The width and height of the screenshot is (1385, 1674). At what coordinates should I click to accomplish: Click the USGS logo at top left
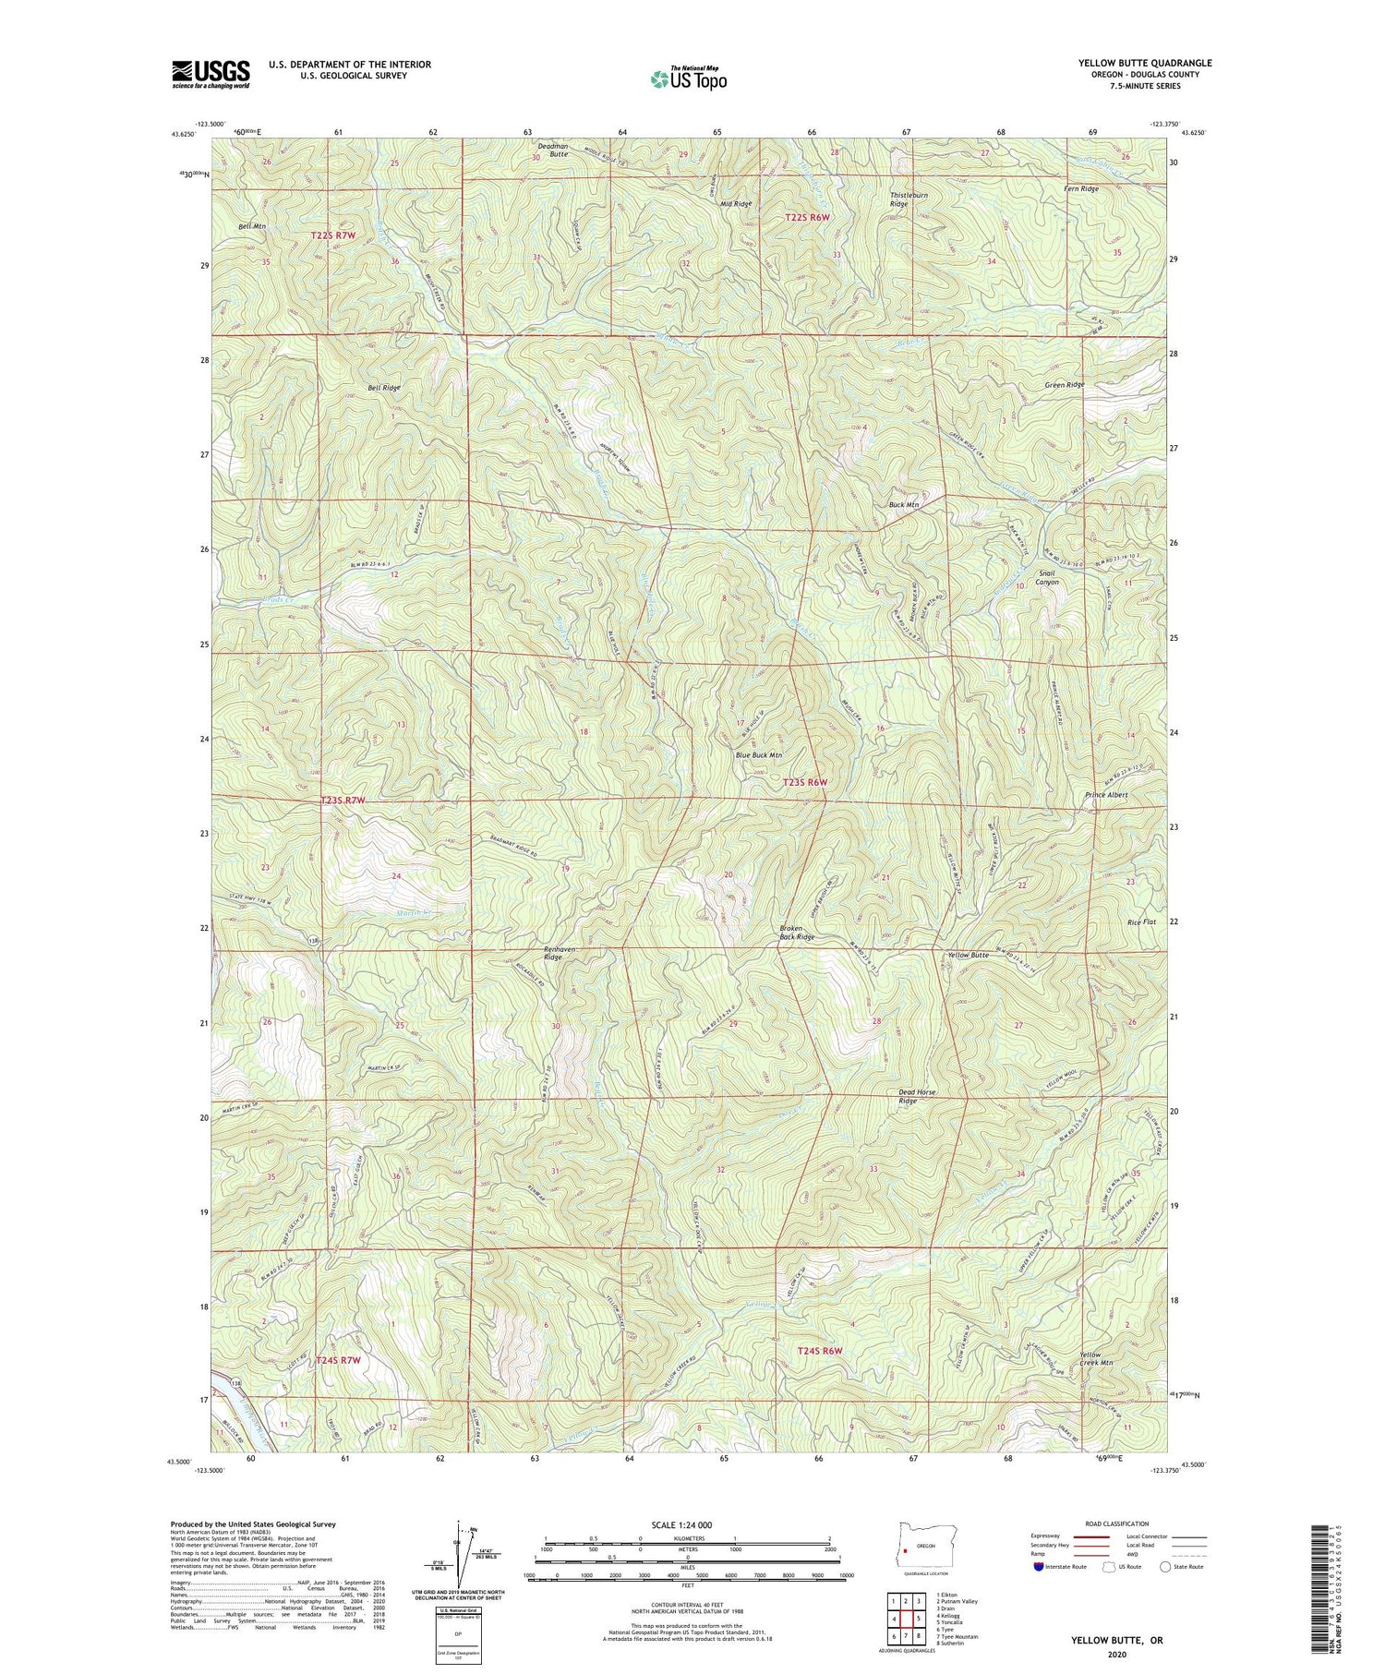(x=211, y=74)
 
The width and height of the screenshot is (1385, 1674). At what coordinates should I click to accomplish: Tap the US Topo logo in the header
(x=688, y=79)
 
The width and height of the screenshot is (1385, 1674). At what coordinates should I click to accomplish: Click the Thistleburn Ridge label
(x=906, y=198)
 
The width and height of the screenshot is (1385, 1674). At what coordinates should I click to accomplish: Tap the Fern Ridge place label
(x=1081, y=188)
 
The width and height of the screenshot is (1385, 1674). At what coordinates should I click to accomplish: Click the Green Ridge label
(x=1064, y=384)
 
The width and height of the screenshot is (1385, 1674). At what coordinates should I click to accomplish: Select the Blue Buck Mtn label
(x=758, y=754)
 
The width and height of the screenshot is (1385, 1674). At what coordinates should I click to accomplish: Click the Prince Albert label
(x=1106, y=794)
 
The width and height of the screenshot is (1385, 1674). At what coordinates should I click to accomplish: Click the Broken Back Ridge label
(x=797, y=932)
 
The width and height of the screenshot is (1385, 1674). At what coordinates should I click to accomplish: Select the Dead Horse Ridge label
(x=917, y=1096)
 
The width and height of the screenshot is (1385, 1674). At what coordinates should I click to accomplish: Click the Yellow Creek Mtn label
(x=1095, y=1360)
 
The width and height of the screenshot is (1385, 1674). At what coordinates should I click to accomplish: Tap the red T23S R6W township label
(x=805, y=782)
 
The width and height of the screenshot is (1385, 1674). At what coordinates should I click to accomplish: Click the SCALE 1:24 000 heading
(x=687, y=1524)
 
